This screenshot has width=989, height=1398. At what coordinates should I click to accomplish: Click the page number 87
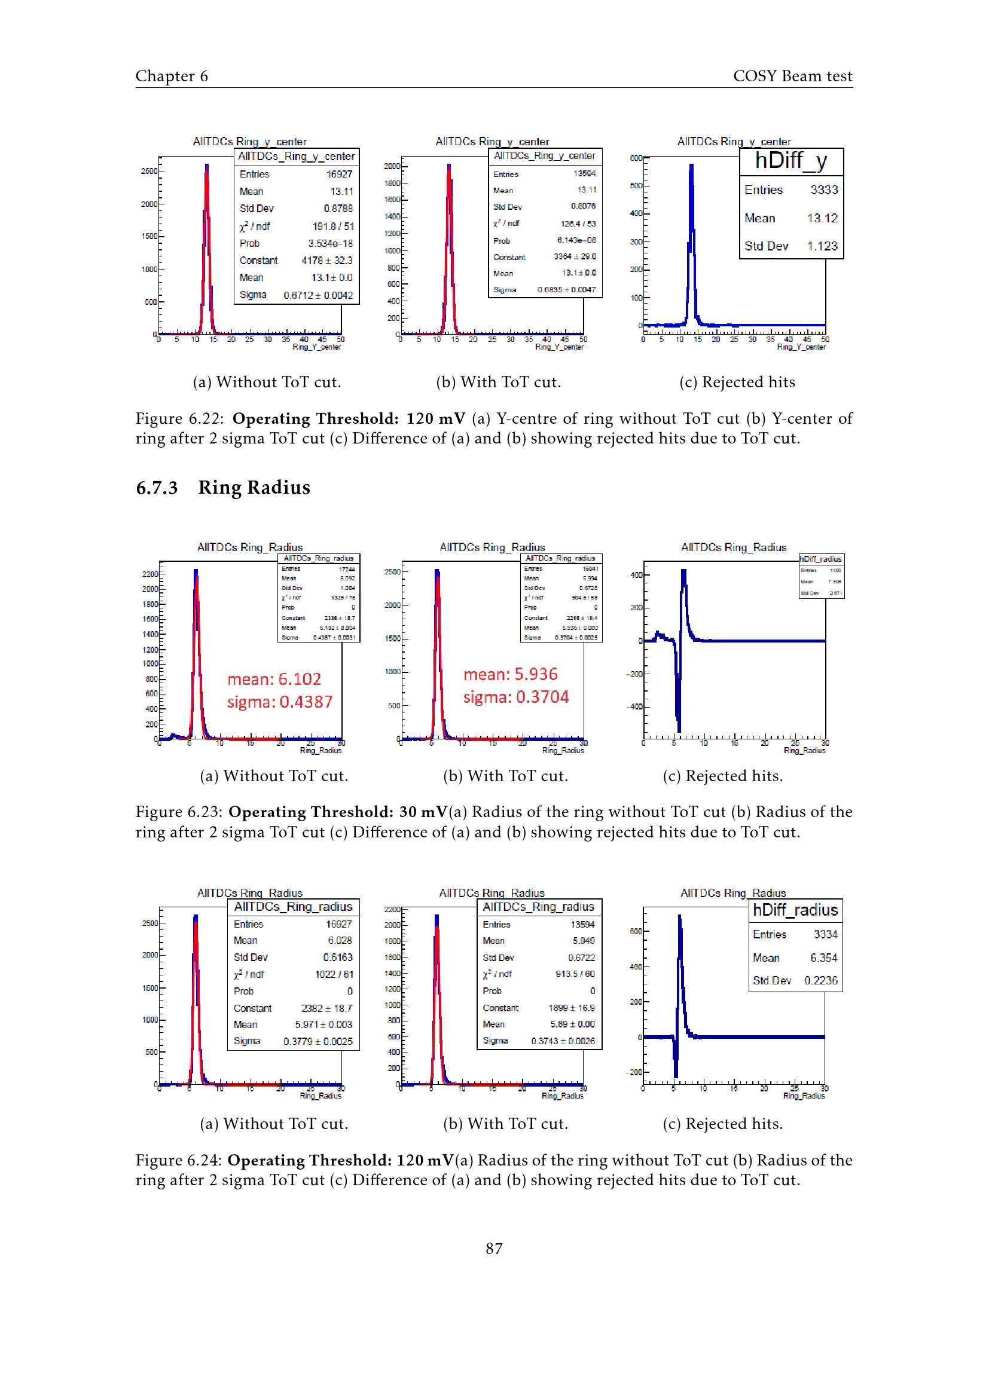click(x=494, y=1249)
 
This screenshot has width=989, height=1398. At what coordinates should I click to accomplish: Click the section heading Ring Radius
click(x=254, y=488)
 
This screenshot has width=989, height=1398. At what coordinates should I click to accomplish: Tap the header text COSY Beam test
click(x=792, y=76)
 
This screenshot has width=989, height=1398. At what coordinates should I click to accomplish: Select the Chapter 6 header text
click(x=172, y=76)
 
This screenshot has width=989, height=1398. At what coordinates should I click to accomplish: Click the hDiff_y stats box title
click(x=791, y=161)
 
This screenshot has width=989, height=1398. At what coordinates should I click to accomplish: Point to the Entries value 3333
click(x=824, y=190)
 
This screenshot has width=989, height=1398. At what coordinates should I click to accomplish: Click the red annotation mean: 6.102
click(x=274, y=679)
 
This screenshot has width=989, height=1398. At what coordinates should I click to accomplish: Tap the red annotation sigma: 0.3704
click(x=516, y=697)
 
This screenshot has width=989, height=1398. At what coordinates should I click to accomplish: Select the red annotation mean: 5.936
click(x=510, y=674)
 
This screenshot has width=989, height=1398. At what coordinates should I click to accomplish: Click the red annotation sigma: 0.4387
click(x=279, y=702)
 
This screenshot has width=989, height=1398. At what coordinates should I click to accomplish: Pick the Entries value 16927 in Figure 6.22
click(x=339, y=174)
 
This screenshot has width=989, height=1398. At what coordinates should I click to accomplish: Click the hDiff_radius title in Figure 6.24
click(x=795, y=910)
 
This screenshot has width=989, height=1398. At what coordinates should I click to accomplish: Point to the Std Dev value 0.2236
click(x=820, y=980)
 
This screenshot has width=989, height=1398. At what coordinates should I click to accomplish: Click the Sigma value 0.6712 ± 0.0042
click(x=318, y=295)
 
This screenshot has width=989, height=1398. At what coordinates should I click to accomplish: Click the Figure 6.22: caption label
click(x=179, y=419)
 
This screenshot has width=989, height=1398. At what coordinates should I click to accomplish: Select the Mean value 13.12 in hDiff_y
click(x=822, y=218)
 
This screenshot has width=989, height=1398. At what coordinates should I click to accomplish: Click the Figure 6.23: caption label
click(x=179, y=812)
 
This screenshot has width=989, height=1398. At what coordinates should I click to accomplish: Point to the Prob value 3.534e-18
click(x=330, y=243)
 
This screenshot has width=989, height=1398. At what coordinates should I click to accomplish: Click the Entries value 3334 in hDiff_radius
click(x=825, y=934)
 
